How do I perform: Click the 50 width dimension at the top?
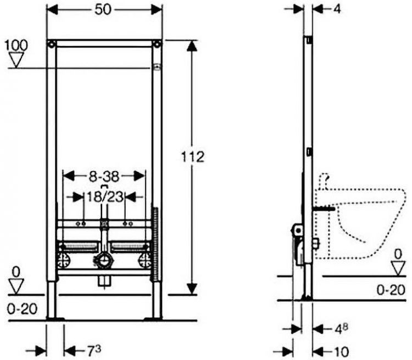coord(103,10)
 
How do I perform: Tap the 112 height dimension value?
coord(193,157)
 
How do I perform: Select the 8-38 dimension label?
coord(104,177)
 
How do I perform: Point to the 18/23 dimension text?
coord(105,196)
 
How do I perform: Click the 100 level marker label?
coord(16,45)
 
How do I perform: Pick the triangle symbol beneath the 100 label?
coord(16,60)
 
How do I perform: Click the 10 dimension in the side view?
coord(341,352)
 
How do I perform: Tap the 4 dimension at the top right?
coord(337,9)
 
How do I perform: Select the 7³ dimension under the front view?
coord(94,351)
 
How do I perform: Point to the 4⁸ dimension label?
coord(341,329)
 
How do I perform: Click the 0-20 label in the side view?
coord(391,290)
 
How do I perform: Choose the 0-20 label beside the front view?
coord(22,309)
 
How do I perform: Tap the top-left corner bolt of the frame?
coord(52,44)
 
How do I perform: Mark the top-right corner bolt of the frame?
coord(158,44)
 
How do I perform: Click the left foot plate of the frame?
coord(55,319)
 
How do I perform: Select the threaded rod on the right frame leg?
coord(155,245)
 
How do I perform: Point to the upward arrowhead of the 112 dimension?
coord(192,46)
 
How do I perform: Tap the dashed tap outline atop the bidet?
coord(324,180)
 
